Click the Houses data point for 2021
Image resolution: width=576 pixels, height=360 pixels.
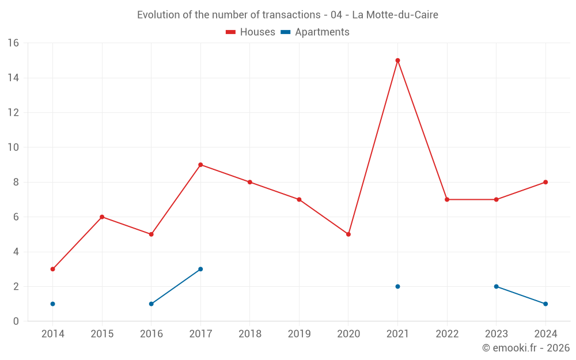397,60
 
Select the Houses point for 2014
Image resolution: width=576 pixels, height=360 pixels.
52,269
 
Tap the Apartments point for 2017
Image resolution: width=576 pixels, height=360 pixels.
200,269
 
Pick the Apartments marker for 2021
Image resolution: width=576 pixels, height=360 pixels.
397,286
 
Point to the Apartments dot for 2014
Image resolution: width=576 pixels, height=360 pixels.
52,304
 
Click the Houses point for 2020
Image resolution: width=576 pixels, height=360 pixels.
348,234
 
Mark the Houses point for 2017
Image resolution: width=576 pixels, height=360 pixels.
200,165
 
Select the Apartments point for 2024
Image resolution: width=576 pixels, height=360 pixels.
545,304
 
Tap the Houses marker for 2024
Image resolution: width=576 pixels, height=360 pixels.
545,182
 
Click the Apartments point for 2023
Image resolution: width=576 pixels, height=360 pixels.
496,286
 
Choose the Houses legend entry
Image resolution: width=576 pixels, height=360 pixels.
251,32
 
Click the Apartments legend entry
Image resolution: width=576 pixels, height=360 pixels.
315,32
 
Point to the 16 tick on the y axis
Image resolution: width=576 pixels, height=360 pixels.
13,43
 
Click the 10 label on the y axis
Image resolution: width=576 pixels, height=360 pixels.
13,147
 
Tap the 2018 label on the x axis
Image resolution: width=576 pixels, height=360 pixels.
250,334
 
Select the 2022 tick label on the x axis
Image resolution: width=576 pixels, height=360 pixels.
447,334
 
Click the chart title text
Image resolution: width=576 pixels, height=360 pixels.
287,15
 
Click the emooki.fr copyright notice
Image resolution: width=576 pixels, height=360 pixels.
525,348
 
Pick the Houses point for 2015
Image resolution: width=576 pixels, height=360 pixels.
102,217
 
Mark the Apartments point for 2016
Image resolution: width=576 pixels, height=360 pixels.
151,304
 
